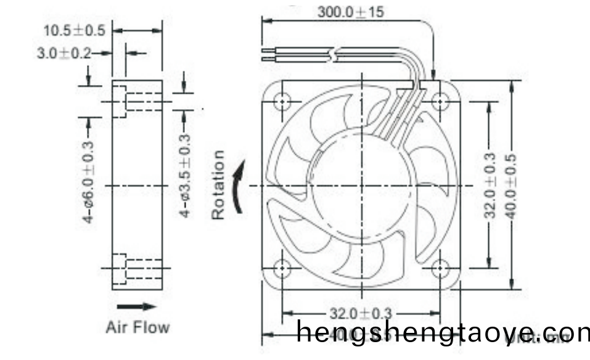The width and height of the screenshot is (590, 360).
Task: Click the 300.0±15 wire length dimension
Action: point(350,12)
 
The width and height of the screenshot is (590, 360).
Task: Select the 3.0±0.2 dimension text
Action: point(64,54)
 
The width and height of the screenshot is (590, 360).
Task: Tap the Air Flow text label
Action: point(137,326)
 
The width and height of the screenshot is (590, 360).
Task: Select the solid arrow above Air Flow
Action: point(137,306)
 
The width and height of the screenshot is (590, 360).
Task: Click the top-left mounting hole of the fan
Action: point(282,101)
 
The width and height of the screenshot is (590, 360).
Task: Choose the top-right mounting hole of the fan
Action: point(440,101)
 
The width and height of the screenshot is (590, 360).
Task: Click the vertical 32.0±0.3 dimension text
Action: point(490,185)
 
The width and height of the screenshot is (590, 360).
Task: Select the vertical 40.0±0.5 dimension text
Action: point(512,185)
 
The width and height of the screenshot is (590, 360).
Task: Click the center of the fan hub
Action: point(361,185)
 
